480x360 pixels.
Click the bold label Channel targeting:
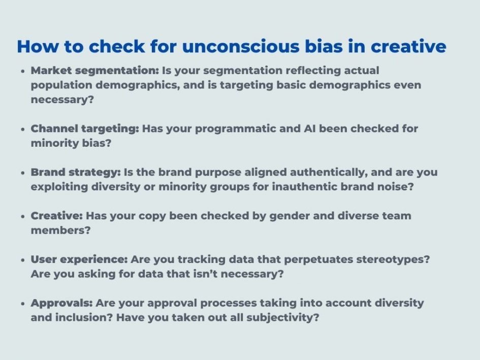coord(85,129)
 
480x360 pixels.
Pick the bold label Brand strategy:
coord(78,172)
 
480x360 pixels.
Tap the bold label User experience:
coord(79,259)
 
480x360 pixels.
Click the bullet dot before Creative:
coord(23,217)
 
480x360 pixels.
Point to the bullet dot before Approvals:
coord(23,304)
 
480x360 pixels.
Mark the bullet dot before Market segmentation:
coord(23,72)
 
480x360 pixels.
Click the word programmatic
coord(238,129)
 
